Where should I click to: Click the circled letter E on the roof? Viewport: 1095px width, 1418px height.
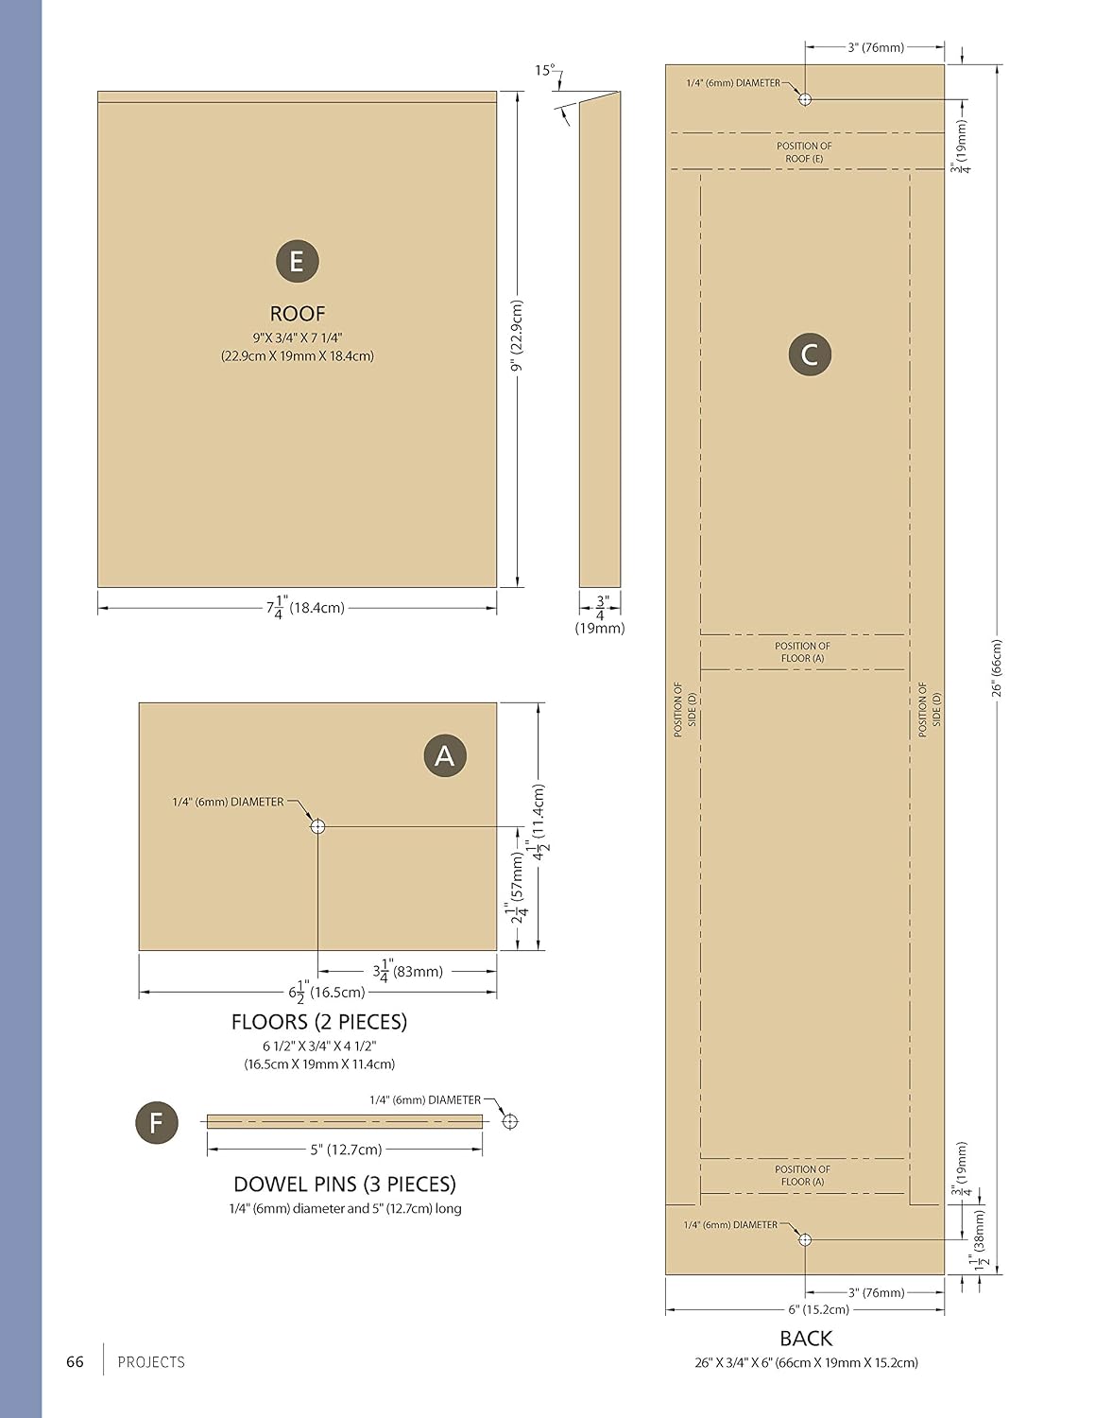(297, 262)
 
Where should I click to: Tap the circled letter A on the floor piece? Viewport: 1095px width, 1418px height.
(445, 755)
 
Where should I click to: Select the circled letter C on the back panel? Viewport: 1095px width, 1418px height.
(810, 354)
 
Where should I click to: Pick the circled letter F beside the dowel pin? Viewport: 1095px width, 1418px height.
(157, 1122)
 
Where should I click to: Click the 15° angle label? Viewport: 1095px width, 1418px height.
(545, 71)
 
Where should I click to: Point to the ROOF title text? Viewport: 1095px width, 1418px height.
(298, 314)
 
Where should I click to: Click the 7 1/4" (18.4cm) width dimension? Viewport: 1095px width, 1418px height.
(304, 608)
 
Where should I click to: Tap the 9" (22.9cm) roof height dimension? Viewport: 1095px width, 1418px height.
(517, 336)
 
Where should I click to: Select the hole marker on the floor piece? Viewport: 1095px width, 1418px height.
(317, 827)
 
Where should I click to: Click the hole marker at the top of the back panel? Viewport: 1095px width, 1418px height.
(805, 99)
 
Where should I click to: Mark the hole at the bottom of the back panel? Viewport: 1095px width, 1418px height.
(805, 1239)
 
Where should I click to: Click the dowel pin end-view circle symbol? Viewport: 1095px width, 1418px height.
(510, 1121)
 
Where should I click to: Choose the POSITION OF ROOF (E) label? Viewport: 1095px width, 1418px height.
(804, 152)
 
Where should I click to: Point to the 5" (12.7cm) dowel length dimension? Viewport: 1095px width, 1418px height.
(347, 1150)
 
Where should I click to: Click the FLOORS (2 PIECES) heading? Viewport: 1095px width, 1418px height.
(319, 1022)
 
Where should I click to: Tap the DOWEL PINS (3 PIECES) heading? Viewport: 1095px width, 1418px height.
(345, 1185)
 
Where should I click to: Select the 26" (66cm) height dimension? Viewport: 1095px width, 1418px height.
(997, 667)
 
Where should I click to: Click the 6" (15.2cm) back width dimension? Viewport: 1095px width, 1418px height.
(818, 1309)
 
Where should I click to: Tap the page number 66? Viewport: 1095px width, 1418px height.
(75, 1362)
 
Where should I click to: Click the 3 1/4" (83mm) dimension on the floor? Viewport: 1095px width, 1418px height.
(407, 970)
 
